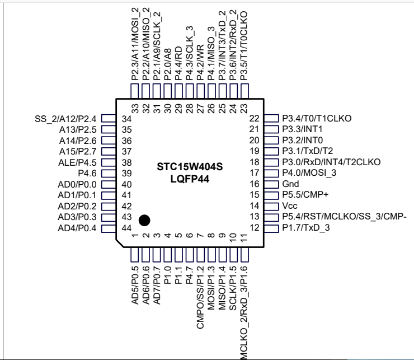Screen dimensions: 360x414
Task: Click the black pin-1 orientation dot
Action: click(144, 220)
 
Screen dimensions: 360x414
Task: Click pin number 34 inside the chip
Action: click(126, 119)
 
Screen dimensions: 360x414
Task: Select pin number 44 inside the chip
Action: click(126, 227)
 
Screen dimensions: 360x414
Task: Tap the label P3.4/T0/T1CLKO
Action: click(317, 118)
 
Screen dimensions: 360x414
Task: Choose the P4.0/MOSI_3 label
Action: click(309, 173)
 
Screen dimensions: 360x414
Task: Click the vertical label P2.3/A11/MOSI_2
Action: click(134, 42)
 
